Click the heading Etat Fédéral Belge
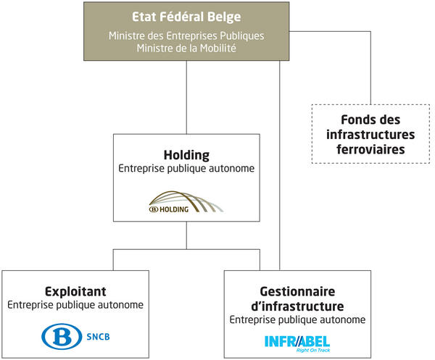point(186,17)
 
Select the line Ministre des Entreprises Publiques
point(186,35)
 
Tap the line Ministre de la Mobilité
point(186,48)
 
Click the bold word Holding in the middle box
point(186,155)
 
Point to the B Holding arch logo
point(186,202)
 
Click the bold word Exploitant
point(75,291)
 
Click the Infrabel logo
point(297,340)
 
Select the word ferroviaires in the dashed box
point(370,150)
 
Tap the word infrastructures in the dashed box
point(370,135)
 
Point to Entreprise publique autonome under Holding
point(186,169)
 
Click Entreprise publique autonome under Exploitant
point(75,305)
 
